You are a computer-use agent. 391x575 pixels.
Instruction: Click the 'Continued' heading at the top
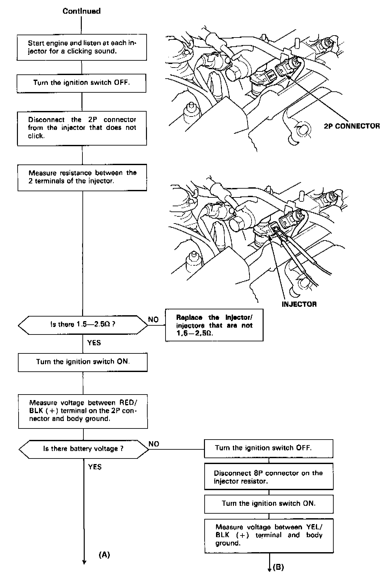point(81,11)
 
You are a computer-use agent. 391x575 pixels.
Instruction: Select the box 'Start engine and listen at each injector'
point(82,47)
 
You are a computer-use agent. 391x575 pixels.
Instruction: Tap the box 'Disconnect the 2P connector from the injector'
point(82,128)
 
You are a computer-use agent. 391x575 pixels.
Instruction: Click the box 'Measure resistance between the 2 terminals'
point(82,177)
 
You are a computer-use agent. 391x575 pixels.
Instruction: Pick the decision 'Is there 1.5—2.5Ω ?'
point(83,325)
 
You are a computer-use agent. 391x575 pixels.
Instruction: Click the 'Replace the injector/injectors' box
point(214,325)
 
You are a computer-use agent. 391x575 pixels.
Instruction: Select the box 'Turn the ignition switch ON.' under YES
point(83,362)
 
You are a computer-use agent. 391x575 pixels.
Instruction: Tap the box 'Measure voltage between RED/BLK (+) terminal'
point(83,411)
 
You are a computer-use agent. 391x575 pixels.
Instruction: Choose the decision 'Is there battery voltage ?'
point(83,449)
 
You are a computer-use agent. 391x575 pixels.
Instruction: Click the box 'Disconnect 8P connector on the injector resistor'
point(268,477)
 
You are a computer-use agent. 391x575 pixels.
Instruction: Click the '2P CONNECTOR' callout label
point(352,126)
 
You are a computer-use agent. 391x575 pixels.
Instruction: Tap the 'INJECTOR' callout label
point(299,304)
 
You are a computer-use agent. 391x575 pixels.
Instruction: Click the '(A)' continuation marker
point(104,554)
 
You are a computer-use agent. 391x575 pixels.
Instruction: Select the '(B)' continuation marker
point(278,567)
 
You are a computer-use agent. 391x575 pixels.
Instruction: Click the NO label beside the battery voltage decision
point(154,444)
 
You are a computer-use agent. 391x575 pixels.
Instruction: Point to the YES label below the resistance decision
point(94,343)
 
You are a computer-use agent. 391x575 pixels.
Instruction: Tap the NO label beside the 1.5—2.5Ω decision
point(153,319)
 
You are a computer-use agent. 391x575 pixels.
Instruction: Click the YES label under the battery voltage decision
point(95,467)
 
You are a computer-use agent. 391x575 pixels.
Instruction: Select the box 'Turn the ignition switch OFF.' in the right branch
point(268,448)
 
